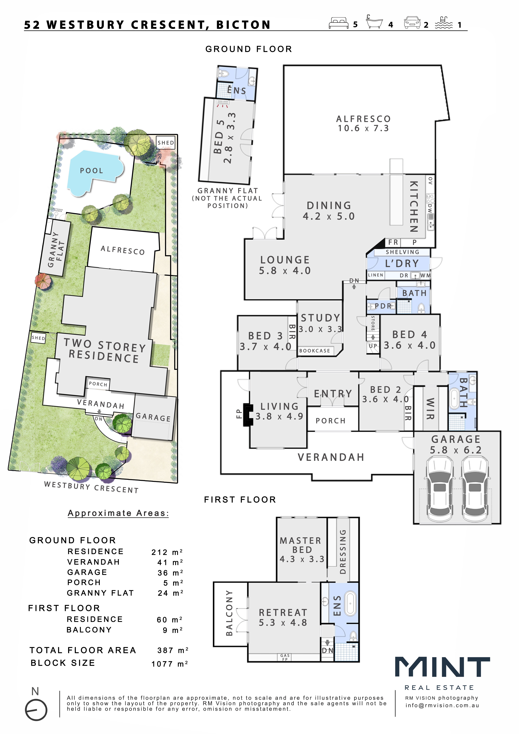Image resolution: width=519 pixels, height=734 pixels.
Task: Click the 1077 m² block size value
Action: [170, 664]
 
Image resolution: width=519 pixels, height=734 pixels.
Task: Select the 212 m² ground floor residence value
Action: [167, 552]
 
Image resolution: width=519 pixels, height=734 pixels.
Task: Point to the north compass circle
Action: [36, 710]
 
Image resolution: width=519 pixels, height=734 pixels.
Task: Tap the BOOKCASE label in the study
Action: [315, 351]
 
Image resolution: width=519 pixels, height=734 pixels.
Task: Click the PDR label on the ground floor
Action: [383, 306]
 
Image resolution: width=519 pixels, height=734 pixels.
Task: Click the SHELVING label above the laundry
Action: [402, 252]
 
